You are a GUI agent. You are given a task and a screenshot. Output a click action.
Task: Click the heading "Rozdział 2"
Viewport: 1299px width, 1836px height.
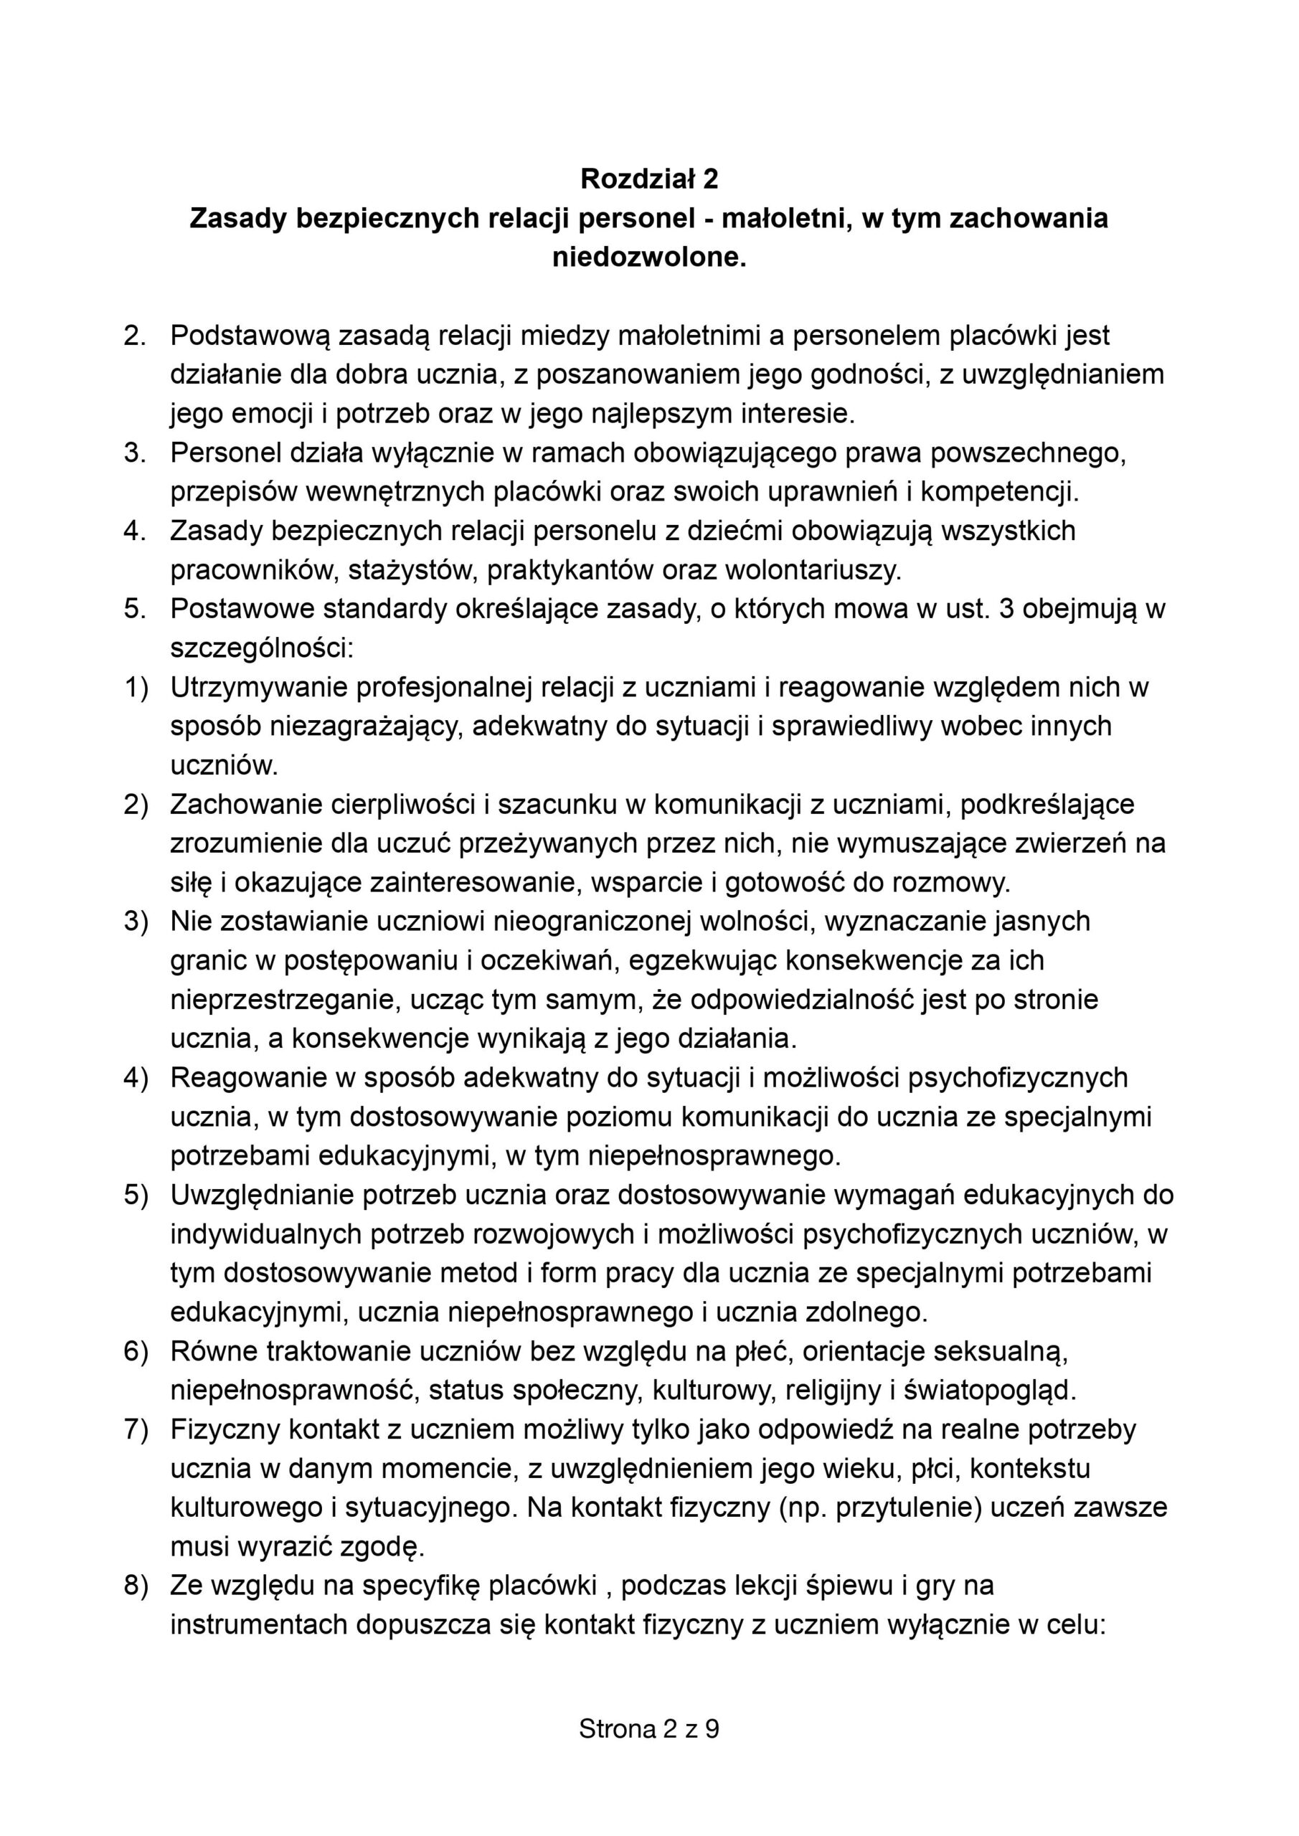point(648,179)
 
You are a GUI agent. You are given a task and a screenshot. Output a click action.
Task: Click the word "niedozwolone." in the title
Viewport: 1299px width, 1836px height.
point(648,257)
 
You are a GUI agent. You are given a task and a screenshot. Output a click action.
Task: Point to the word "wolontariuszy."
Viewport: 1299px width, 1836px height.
point(813,570)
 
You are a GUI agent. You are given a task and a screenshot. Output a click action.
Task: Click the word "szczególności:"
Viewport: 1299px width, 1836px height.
point(262,648)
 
